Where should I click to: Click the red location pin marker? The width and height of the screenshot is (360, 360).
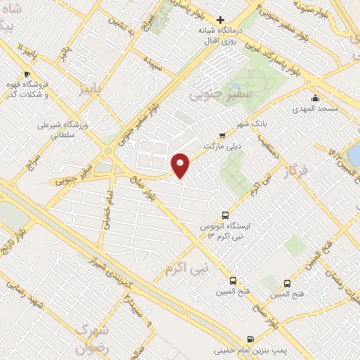click(181, 165)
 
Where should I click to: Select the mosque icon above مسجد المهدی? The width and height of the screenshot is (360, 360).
click(315, 98)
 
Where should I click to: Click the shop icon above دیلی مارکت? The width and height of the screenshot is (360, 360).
click(223, 134)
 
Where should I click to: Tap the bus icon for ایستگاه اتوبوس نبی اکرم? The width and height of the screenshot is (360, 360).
click(225, 215)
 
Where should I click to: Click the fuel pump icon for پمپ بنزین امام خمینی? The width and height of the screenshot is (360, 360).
click(251, 338)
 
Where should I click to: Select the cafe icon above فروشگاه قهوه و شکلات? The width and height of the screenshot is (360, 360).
click(27, 74)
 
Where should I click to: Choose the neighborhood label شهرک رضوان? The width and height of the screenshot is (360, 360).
click(94, 338)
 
